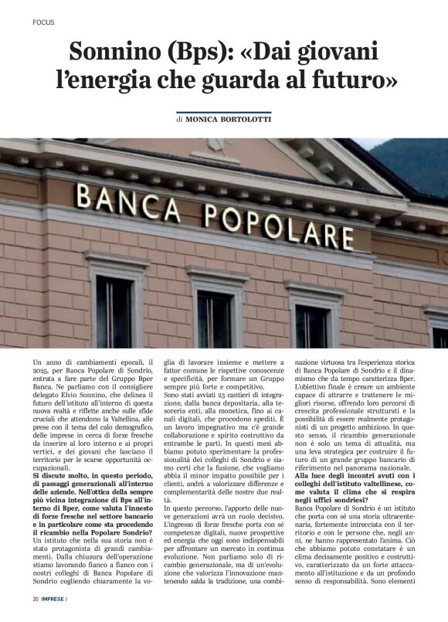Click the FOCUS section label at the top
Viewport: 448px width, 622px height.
point(44,22)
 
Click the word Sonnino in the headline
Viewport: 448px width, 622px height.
point(115,52)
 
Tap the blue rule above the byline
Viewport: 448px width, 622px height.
point(223,113)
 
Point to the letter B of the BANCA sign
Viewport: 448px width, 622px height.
point(84,195)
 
